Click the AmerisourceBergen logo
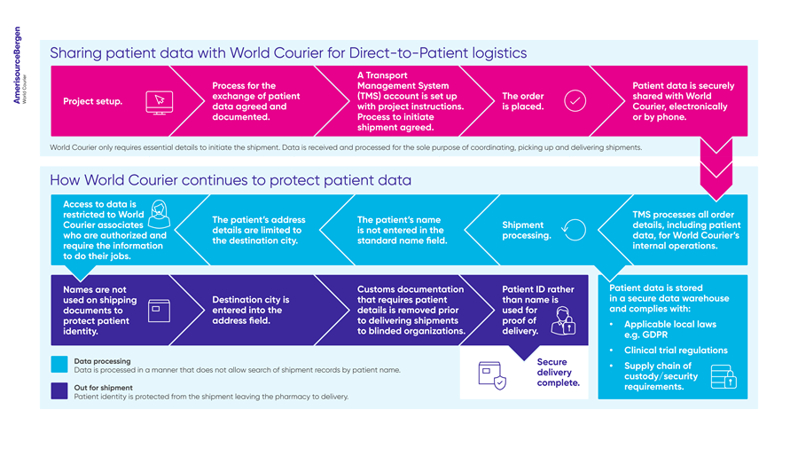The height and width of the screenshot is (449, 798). (20, 65)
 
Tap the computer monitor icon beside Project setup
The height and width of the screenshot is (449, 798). (160, 103)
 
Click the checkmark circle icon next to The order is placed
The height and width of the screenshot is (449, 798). (575, 101)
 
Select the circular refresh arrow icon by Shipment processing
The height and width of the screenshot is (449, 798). (574, 230)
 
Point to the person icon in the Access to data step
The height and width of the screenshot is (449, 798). (160, 215)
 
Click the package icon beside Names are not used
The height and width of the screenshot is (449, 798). (159, 311)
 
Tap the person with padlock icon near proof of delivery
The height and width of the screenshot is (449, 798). (563, 320)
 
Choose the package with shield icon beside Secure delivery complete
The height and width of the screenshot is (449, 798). (492, 375)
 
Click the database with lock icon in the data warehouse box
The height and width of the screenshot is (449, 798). (724, 377)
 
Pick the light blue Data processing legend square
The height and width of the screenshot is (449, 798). (59, 365)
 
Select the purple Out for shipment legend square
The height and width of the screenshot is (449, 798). (59, 391)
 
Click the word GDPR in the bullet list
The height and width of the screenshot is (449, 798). (654, 335)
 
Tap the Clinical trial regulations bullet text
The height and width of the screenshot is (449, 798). (676, 351)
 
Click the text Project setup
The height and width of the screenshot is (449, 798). (92, 101)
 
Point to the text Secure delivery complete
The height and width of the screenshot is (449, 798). (558, 372)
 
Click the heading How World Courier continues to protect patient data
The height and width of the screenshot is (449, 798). (231, 180)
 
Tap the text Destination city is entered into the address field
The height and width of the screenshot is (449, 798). (250, 310)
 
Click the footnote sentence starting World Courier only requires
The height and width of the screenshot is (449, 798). (346, 147)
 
